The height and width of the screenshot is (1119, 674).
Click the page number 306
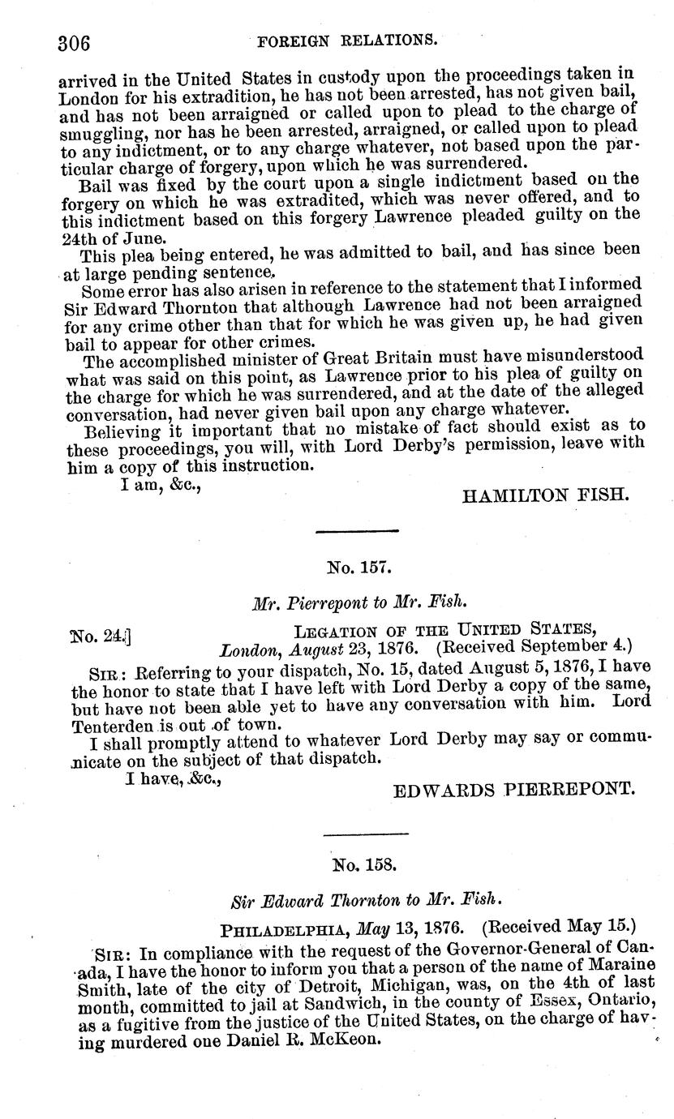point(73,42)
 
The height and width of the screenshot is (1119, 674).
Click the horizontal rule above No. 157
point(357,531)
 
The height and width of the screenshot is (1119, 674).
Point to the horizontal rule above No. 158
point(366,833)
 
